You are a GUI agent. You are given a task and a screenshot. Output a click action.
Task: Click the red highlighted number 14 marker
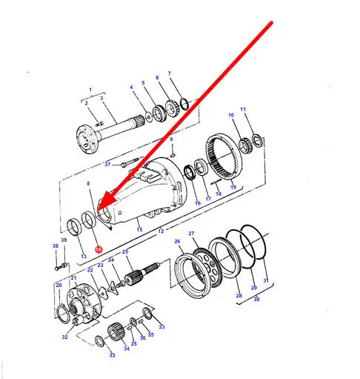pyautogui.click(x=99, y=249)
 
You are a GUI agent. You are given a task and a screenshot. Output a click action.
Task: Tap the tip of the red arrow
pyautogui.click(x=98, y=211)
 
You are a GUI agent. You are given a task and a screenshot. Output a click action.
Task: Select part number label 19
pyautogui.click(x=233, y=187)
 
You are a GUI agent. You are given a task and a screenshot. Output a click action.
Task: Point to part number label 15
pyautogui.click(x=139, y=229)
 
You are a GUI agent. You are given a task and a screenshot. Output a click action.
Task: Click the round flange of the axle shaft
pyautogui.click(x=86, y=139)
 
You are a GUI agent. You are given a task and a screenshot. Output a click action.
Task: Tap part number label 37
pyautogui.click(x=107, y=165)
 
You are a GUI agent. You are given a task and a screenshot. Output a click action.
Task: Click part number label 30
pyautogui.click(x=256, y=299)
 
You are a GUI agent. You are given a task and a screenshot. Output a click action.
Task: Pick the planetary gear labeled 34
pyautogui.click(x=115, y=332)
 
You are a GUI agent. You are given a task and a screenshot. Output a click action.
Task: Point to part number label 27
pyautogui.click(x=191, y=234)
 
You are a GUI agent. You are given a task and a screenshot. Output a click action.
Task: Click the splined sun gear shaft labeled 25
pyautogui.click(x=142, y=274)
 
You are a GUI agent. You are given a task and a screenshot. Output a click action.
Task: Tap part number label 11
pyautogui.click(x=243, y=109)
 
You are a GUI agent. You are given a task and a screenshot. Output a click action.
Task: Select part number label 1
pyautogui.click(x=90, y=90)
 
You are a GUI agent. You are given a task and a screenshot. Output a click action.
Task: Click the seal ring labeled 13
pyautogui.click(x=74, y=227)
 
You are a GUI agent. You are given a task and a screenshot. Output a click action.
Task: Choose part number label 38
pyautogui.click(x=56, y=245)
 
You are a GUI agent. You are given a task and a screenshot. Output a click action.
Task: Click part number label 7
pyautogui.click(x=170, y=73)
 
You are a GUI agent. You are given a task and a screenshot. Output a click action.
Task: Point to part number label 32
pyautogui.click(x=64, y=337)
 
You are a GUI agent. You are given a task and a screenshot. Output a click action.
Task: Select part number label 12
pyautogui.click(x=161, y=231)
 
